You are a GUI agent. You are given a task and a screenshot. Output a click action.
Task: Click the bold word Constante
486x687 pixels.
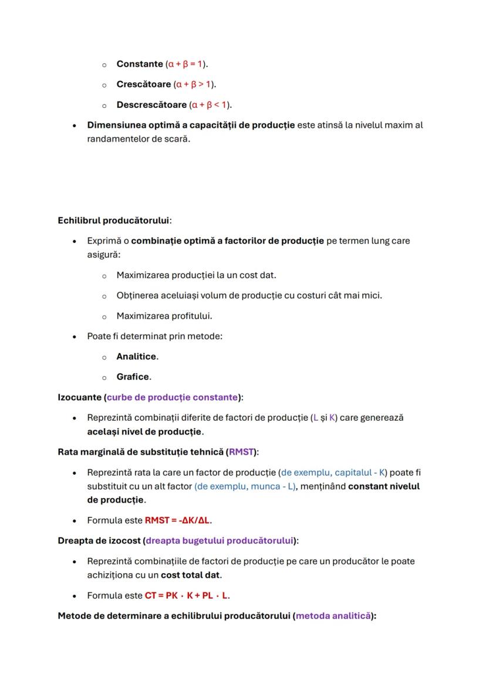[x=140, y=64]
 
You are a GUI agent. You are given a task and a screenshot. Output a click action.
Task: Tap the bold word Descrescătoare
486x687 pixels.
[x=151, y=105]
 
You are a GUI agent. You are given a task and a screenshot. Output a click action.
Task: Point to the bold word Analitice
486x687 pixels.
[x=136, y=357]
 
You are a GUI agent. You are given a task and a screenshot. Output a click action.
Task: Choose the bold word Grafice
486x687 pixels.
[x=133, y=377]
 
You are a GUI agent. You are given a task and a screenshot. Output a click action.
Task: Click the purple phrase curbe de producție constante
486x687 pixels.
[x=172, y=398]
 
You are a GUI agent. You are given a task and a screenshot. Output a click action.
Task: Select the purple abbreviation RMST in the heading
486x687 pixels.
[x=241, y=452]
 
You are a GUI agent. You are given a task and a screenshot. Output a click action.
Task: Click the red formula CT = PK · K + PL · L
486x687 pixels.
[x=187, y=595]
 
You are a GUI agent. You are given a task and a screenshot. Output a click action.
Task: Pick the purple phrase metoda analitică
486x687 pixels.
[x=333, y=616]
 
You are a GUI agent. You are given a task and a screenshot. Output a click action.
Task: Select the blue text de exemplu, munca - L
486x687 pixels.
[x=245, y=487]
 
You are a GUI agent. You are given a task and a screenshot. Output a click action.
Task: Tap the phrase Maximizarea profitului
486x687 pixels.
[x=164, y=316]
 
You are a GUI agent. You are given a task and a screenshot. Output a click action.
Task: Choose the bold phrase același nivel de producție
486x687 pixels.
[x=144, y=432]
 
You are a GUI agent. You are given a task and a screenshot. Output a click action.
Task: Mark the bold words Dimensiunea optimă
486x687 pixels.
[x=123, y=126]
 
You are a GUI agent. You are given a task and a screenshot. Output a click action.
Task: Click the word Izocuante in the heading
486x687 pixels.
[x=79, y=398]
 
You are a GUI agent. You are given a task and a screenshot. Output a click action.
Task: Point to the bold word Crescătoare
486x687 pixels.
[x=144, y=84]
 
